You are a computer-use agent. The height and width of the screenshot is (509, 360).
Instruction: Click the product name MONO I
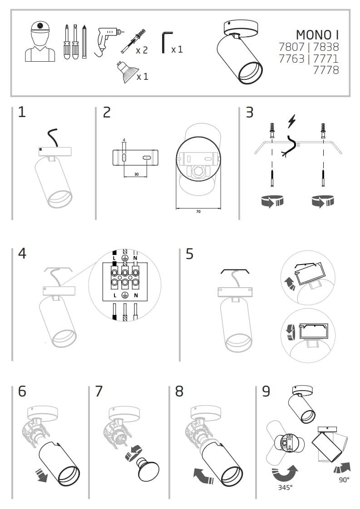317,34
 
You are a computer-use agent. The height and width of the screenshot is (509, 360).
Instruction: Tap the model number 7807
292,47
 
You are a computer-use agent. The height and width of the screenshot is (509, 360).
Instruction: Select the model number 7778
326,70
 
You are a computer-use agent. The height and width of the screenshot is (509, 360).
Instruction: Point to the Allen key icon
166,43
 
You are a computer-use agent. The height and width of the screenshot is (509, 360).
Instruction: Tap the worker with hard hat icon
40,41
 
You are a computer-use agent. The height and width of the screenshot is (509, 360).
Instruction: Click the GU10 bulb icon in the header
124,72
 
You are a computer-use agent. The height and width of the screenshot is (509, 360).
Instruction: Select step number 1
22,112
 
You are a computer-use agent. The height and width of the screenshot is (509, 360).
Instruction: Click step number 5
189,254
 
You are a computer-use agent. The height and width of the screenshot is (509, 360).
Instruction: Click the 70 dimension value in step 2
198,211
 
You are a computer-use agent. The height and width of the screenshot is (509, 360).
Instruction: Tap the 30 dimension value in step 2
136,174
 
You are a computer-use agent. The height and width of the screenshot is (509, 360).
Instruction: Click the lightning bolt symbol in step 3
292,122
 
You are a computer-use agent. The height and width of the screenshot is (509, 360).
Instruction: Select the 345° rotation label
285,488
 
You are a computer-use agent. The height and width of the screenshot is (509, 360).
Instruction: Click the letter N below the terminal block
135,295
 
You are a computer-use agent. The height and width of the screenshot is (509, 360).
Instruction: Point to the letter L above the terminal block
114,258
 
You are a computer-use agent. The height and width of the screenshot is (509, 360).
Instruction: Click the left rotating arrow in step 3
272,201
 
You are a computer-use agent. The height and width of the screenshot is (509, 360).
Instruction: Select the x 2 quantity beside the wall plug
142,50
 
